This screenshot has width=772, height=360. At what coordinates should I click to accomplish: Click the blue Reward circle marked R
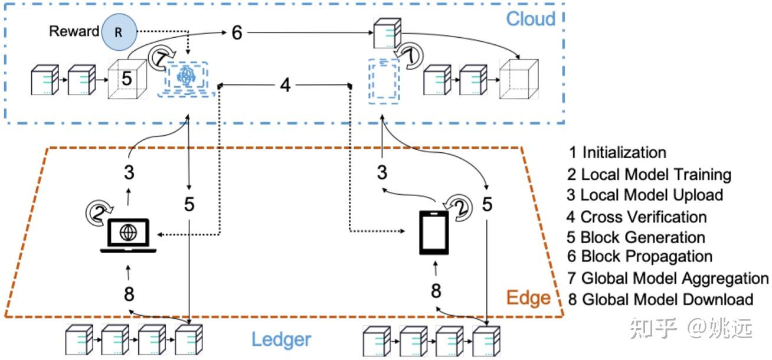[119, 32]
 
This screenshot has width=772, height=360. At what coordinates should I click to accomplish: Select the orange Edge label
[529, 297]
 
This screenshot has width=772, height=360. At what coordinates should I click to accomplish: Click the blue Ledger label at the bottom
[281, 339]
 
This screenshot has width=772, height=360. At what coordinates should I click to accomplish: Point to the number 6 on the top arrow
[236, 32]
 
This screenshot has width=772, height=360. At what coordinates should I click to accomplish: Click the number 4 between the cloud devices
[286, 85]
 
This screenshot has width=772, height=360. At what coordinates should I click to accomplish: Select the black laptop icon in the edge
[128, 235]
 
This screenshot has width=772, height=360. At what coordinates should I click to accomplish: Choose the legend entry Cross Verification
[637, 217]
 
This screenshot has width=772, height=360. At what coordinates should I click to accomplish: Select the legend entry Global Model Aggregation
[668, 277]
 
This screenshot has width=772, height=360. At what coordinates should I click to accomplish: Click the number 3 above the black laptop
[129, 173]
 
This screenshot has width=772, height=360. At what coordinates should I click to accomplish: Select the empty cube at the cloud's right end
[519, 80]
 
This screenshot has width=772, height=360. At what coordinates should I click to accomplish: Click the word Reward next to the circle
[74, 31]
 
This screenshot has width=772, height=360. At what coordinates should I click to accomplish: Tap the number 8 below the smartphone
[436, 291]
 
